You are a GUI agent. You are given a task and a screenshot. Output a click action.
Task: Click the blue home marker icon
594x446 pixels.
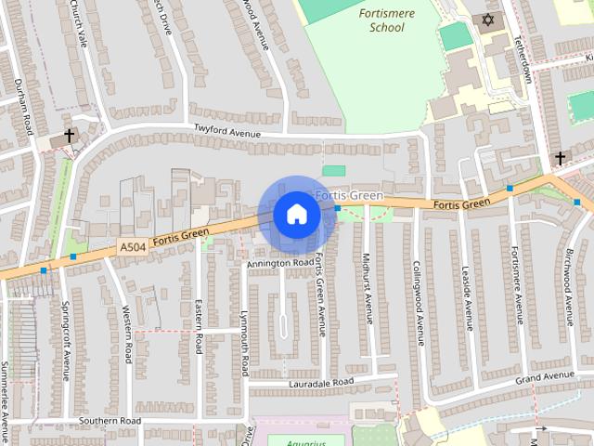coord(296,214)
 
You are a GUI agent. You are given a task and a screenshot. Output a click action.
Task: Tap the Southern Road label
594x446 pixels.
coord(110,421)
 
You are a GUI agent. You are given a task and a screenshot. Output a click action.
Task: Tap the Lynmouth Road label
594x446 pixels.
coord(244,343)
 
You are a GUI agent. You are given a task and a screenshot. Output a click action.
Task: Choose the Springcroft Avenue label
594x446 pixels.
coord(66,339)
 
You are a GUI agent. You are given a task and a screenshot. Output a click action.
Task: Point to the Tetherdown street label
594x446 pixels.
coord(527,60)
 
